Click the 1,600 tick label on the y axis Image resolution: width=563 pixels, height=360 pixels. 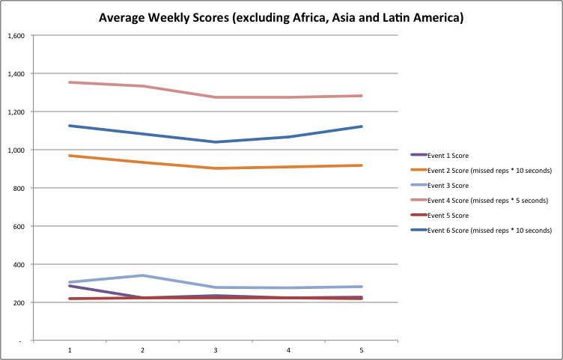(16, 36)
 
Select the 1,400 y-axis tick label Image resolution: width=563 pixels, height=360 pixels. (16, 74)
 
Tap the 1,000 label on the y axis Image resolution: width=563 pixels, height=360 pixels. (16, 150)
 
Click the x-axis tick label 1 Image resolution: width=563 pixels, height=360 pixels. (70, 350)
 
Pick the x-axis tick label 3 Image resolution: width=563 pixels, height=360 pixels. (216, 350)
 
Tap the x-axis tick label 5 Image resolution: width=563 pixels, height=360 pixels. (362, 350)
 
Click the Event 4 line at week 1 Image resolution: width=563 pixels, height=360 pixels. (70, 82)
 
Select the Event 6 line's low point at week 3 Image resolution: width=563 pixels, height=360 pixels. (216, 142)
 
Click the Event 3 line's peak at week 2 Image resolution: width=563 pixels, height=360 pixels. (143, 275)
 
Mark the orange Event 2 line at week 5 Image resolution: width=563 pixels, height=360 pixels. (362, 165)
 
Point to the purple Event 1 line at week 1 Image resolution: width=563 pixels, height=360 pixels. (70, 286)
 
